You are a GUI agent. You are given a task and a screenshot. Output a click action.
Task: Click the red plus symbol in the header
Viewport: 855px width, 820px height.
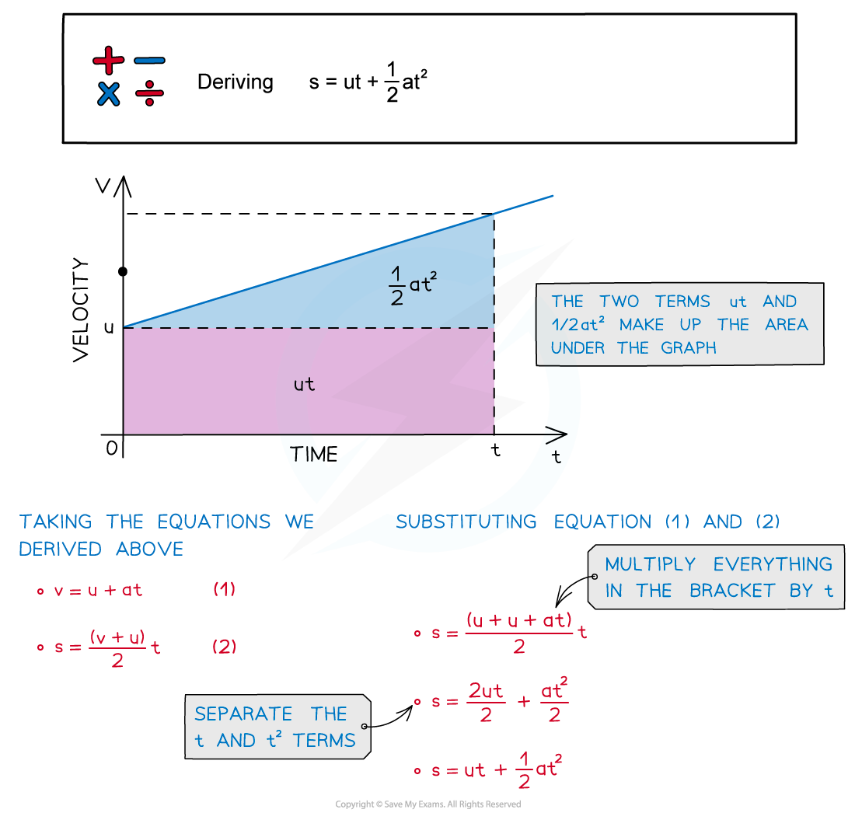tap(108, 60)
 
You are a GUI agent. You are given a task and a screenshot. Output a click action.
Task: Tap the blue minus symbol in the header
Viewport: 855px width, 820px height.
tap(149, 60)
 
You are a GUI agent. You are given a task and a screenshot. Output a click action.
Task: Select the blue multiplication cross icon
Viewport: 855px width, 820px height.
tap(109, 94)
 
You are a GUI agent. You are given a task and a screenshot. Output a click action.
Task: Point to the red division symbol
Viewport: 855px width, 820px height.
tap(149, 95)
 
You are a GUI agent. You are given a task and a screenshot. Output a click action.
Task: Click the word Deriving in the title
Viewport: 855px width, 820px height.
tap(235, 82)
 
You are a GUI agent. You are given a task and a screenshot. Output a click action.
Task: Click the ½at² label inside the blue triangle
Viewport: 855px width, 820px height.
tap(413, 285)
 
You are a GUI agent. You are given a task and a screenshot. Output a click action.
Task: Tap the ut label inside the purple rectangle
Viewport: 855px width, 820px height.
tap(305, 384)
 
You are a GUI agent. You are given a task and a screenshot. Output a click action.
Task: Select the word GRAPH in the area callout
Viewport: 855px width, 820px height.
tap(689, 348)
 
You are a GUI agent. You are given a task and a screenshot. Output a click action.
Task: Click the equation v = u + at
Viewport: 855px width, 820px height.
tap(98, 590)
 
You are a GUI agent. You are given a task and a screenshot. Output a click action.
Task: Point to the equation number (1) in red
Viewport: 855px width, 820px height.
tap(224, 589)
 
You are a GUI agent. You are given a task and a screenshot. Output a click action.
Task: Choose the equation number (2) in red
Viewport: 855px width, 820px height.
tap(224, 646)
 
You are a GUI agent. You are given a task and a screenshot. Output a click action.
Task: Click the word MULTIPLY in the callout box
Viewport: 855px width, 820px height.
tap(651, 564)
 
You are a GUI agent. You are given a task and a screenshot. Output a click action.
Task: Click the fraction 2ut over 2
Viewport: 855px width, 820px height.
tap(486, 703)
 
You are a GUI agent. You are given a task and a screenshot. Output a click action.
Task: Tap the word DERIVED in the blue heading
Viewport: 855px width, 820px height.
tap(59, 549)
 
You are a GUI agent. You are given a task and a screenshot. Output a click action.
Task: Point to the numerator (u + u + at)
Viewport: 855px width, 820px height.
tap(519, 620)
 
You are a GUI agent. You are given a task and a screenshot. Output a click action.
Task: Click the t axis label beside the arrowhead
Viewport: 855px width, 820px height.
tap(556, 457)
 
